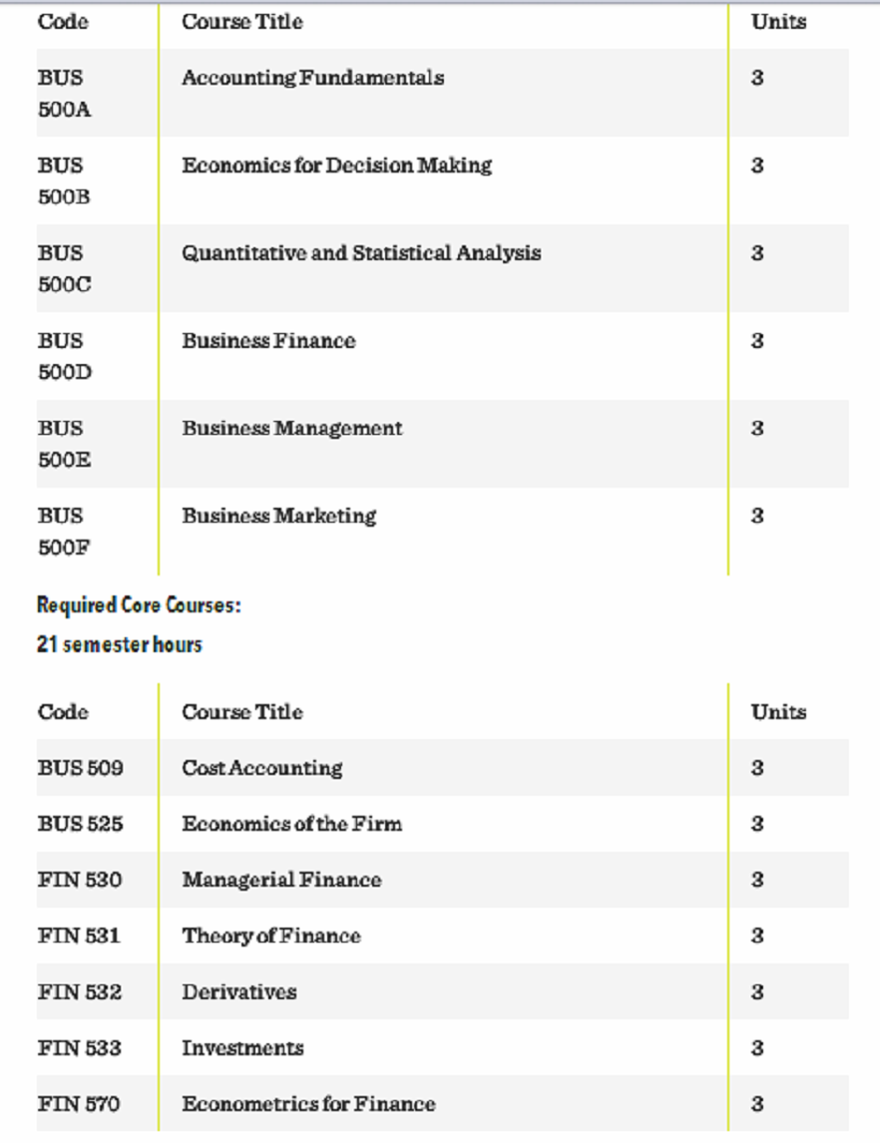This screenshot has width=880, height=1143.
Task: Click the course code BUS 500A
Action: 64,93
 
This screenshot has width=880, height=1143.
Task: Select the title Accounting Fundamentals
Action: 312,78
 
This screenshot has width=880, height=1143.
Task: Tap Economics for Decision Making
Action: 336,166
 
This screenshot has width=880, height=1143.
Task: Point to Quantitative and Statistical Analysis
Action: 360,253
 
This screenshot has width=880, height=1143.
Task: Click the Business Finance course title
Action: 267,341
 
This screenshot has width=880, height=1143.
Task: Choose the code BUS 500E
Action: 64,444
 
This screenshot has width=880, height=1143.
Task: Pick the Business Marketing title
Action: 278,517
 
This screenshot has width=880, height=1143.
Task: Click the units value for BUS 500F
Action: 757,517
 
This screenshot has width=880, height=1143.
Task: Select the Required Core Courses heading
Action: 139,605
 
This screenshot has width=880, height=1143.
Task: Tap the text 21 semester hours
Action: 119,645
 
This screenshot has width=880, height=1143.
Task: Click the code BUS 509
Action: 80,768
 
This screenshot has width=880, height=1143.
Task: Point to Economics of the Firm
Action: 291,824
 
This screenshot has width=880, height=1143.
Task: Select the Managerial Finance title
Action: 281,880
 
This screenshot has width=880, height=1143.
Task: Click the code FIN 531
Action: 79,936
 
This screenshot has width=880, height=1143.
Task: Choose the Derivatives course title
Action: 238,991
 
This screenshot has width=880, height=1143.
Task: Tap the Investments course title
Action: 242,1047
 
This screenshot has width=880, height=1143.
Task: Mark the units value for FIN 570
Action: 757,1103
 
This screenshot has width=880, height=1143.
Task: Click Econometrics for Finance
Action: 308,1103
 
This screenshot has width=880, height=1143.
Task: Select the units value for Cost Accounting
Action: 757,768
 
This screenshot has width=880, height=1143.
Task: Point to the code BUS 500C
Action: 64,268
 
